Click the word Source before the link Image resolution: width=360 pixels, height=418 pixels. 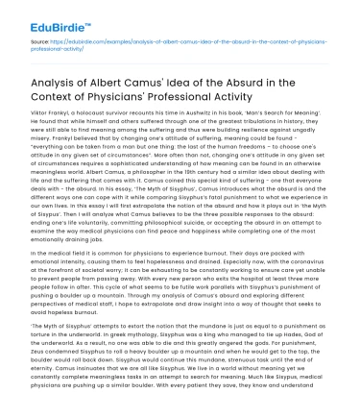39,42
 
